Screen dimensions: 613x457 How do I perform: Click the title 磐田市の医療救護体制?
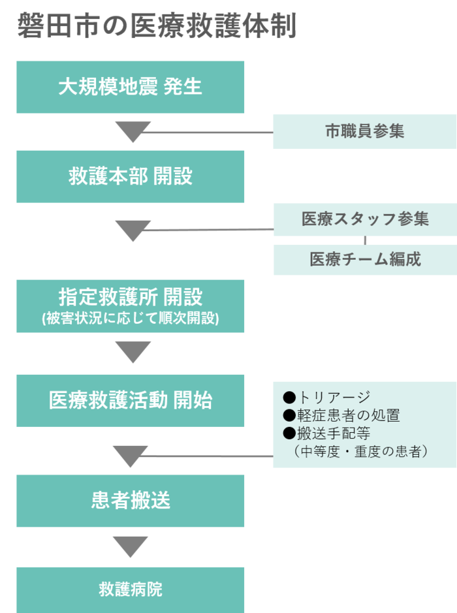pyautogui.click(x=157, y=27)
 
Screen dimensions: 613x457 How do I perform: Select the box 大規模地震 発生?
pyautogui.click(x=131, y=87)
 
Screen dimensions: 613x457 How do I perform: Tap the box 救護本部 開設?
pyautogui.click(x=131, y=176)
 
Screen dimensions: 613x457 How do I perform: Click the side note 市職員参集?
pyautogui.click(x=364, y=131)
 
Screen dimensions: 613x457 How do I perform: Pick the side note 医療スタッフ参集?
pyautogui.click(x=364, y=219)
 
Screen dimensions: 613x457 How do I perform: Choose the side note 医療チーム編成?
pyautogui.click(x=364, y=259)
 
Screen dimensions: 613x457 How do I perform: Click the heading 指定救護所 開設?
pyautogui.click(x=131, y=297)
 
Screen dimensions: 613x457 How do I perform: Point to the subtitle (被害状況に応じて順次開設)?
pyautogui.click(x=131, y=319)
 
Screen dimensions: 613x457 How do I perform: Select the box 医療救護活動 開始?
pyautogui.click(x=131, y=400)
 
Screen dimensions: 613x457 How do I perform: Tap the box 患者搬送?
pyautogui.click(x=131, y=501)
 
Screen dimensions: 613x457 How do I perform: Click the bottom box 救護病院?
pyautogui.click(x=131, y=589)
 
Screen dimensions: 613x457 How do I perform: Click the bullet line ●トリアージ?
pyautogui.click(x=326, y=398)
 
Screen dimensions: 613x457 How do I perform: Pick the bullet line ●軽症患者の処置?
pyautogui.click(x=341, y=415)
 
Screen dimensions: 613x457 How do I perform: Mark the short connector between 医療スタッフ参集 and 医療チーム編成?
pyautogui.click(x=365, y=241)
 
